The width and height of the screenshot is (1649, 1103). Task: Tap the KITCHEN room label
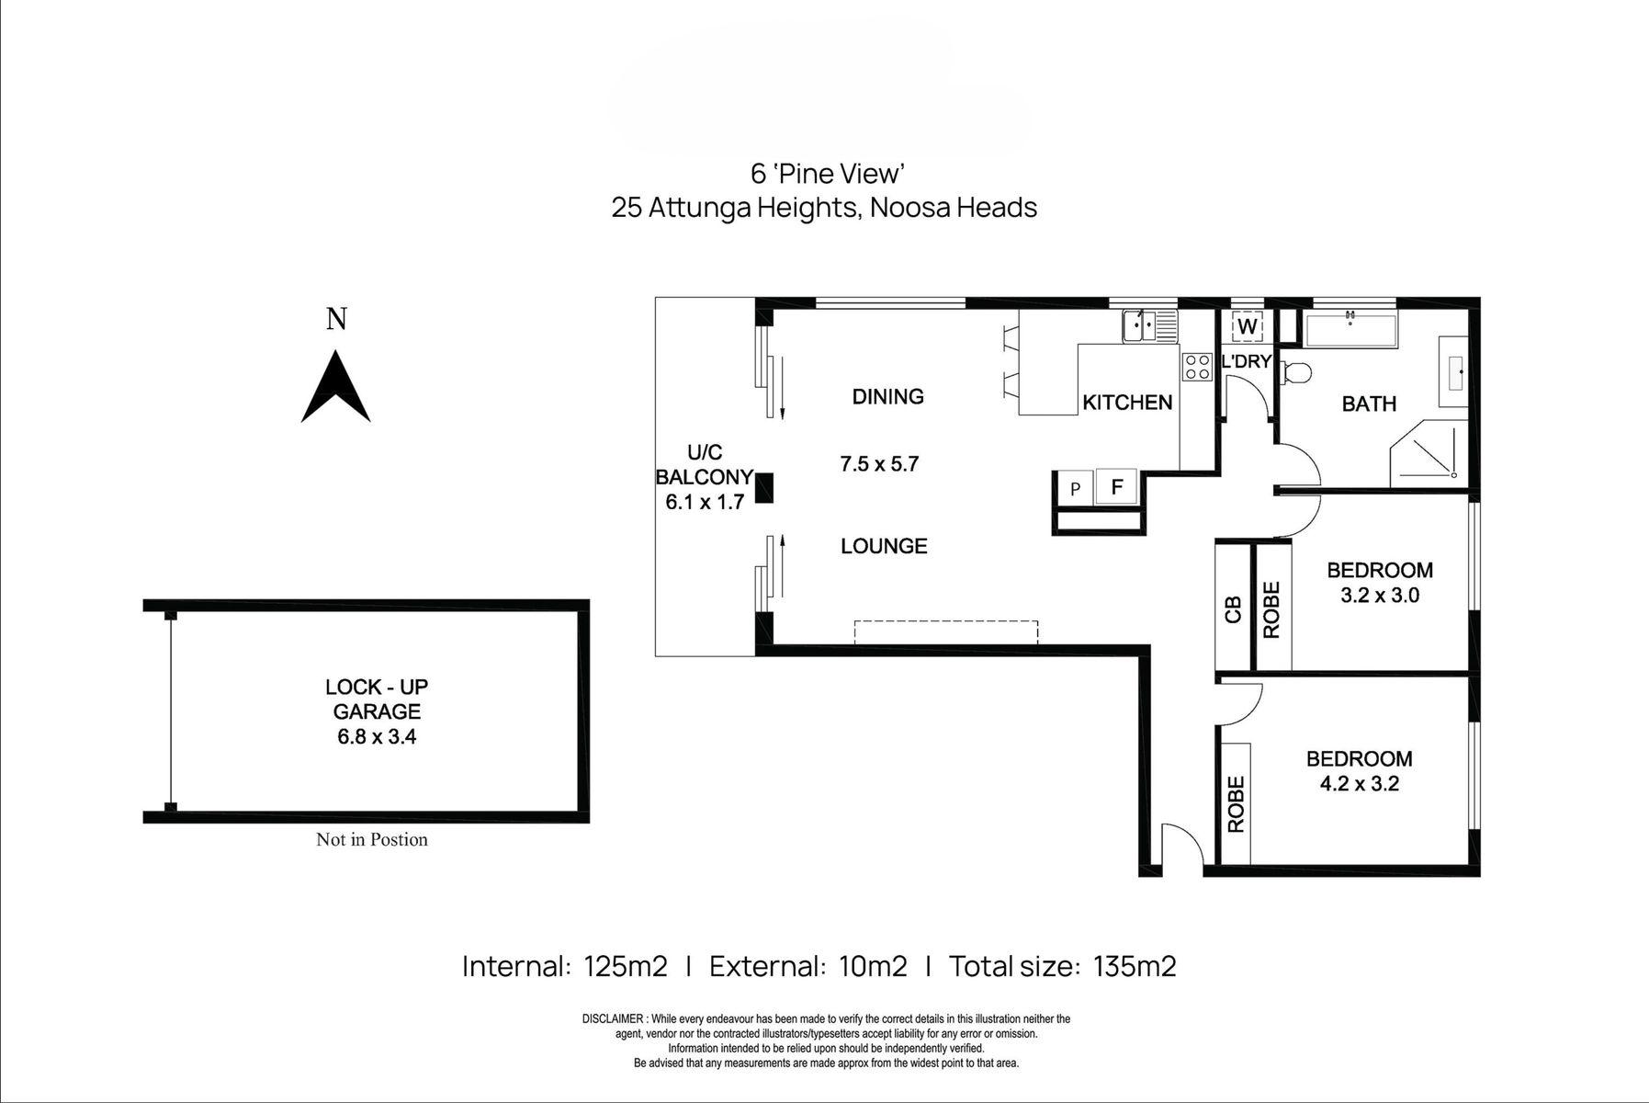coord(1127,402)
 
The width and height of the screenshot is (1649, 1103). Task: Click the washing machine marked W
coord(1247,326)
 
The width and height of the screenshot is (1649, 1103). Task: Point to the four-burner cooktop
coord(1196,367)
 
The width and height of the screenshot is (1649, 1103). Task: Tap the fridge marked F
coord(1116,486)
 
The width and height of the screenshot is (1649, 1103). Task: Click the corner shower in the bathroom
coord(1429,453)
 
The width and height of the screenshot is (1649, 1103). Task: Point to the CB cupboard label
coord(1234,609)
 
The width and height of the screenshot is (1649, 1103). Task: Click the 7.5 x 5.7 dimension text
coord(879,464)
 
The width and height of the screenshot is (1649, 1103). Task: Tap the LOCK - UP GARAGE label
coord(377,699)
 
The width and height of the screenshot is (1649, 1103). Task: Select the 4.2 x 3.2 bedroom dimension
coord(1359,784)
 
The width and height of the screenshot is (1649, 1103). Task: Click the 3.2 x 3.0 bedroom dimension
coord(1380,595)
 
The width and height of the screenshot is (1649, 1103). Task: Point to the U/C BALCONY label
coord(704,464)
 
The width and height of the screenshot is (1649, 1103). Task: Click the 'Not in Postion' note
coord(372,839)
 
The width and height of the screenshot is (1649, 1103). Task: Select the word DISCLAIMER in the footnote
coord(614,1019)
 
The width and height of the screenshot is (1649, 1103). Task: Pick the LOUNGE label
coord(884,546)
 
